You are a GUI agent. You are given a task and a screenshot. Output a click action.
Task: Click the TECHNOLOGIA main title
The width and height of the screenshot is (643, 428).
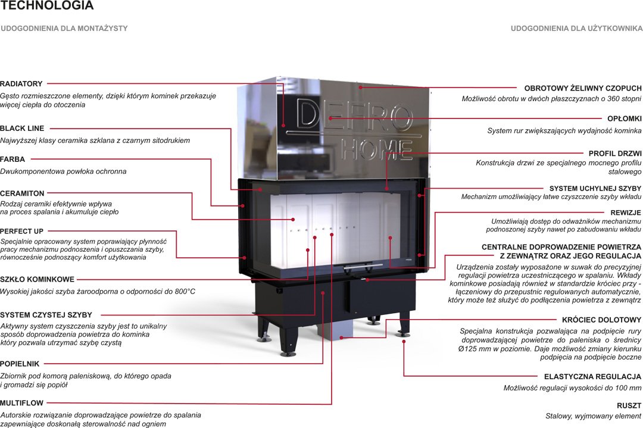click(47, 6)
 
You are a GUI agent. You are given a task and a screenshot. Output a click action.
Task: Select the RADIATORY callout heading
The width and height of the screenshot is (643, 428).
click(21, 84)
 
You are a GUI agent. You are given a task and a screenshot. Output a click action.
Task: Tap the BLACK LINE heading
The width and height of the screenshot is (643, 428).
click(22, 128)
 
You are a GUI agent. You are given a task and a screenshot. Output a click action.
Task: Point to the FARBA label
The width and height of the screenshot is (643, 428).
click(13, 159)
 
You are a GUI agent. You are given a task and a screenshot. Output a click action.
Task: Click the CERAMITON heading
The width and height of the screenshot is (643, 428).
click(22, 193)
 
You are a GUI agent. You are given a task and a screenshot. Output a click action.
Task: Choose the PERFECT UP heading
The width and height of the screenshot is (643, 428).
click(22, 230)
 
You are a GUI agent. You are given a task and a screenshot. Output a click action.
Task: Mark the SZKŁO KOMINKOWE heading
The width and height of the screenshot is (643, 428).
click(37, 279)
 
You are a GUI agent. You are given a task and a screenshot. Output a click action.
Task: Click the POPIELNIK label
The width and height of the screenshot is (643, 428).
click(20, 363)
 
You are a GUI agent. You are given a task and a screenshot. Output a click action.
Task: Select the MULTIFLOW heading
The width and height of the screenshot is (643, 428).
click(21, 402)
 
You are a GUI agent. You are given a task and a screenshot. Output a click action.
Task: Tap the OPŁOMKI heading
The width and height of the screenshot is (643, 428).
click(624, 118)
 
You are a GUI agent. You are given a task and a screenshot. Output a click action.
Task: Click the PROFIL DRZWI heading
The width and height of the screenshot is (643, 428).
click(614, 154)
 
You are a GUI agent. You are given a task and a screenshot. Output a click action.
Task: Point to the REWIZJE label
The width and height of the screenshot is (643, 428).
click(626, 212)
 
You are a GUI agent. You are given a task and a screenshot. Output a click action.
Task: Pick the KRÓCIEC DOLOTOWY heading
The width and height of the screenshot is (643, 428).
click(601, 320)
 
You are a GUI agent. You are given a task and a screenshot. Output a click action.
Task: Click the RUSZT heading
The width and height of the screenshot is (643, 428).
click(630, 405)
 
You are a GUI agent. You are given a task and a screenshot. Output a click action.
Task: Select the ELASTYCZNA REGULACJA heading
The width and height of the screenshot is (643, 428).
click(592, 377)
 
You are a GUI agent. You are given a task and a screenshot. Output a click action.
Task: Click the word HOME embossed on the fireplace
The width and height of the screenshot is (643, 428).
click(377, 149)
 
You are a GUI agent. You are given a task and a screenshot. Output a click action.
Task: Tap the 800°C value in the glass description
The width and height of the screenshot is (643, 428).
click(180, 292)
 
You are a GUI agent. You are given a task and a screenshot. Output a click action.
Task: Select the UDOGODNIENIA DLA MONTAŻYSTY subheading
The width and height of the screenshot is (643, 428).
click(64, 28)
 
